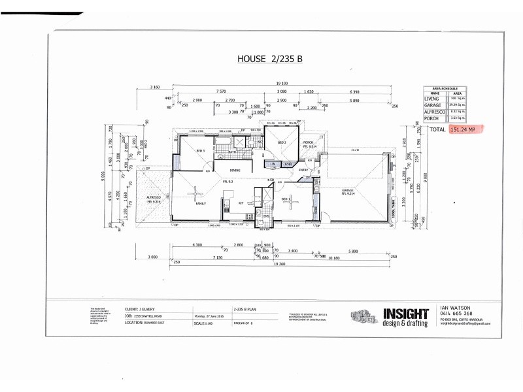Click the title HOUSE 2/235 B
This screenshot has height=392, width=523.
271,59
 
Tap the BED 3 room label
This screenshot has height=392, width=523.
201,150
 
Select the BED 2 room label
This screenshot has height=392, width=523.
282,142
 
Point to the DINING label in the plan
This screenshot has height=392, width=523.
235,171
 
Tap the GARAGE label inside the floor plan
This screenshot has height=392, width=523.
347,191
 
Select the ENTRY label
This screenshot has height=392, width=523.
303,170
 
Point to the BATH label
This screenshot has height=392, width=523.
232,152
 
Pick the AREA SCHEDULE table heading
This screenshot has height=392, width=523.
445,86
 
